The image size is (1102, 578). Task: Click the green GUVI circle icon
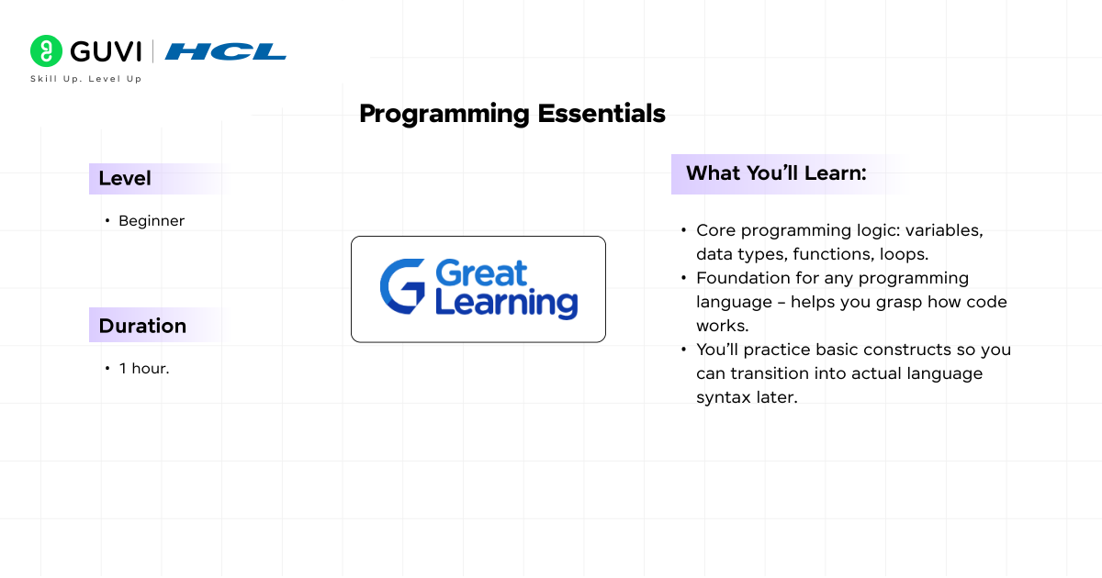click(x=46, y=51)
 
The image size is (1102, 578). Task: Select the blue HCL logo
click(x=226, y=51)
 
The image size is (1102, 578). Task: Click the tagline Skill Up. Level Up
click(x=86, y=79)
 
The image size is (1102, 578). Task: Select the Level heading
click(x=125, y=179)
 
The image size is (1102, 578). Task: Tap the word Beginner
click(x=152, y=221)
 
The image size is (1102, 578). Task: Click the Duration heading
click(x=142, y=326)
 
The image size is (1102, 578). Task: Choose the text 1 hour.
click(x=144, y=369)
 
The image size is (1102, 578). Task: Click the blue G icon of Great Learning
click(x=402, y=287)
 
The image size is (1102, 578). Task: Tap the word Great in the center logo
click(x=480, y=272)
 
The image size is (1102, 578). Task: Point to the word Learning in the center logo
click(x=506, y=303)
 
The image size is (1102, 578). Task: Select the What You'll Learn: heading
click(x=776, y=173)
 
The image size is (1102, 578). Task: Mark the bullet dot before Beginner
click(x=107, y=221)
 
